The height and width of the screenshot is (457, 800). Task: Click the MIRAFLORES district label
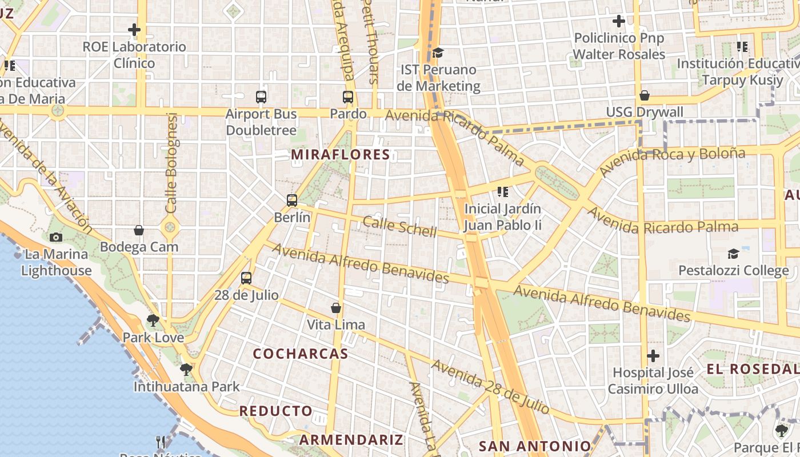(x=341, y=154)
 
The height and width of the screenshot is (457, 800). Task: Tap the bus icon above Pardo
(x=348, y=97)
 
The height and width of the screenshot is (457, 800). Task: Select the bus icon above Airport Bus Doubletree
(x=261, y=97)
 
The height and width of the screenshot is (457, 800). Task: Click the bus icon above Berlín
(x=292, y=201)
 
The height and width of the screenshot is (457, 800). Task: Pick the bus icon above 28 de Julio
(x=246, y=278)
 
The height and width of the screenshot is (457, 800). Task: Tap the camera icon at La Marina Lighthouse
(x=56, y=237)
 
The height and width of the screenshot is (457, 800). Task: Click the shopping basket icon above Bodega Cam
(x=138, y=230)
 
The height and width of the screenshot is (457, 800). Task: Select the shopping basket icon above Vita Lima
(x=336, y=308)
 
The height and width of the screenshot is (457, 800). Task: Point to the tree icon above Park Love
(x=153, y=320)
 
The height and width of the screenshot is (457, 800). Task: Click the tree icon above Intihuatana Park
(x=186, y=370)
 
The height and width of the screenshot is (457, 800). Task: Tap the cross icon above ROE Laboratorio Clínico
(x=134, y=29)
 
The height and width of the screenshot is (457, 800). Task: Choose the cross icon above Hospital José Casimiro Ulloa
(x=653, y=356)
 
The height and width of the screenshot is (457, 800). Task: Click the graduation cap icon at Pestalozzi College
(x=733, y=254)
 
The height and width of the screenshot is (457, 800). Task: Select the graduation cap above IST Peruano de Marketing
(x=438, y=53)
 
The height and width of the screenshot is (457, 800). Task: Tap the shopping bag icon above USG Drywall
(x=645, y=95)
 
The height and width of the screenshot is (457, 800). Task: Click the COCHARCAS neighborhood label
(x=301, y=354)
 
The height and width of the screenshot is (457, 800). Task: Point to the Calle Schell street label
(x=400, y=227)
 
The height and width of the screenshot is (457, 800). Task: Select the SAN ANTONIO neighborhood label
(x=535, y=446)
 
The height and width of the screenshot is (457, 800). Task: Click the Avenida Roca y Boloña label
(x=672, y=161)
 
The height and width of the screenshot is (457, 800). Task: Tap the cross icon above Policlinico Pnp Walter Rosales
(x=619, y=22)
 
